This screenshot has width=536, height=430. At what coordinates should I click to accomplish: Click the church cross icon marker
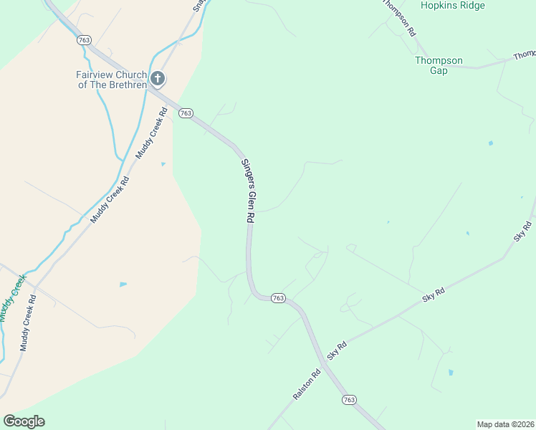point(158,78)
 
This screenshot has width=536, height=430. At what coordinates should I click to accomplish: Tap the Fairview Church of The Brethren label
point(112,80)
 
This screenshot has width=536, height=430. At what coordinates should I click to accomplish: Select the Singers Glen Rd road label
point(247,191)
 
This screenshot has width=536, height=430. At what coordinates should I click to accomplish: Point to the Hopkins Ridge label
point(453,6)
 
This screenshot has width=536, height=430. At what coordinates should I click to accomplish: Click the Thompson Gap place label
point(439,65)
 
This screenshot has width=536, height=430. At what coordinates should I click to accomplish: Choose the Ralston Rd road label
point(306,385)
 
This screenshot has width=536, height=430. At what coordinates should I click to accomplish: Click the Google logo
point(24,421)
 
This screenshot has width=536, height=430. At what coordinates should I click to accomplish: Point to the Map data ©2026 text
point(505,424)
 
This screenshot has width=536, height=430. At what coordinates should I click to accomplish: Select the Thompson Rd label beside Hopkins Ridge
point(398,18)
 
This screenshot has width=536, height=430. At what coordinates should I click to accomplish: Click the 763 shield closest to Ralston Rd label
point(349,399)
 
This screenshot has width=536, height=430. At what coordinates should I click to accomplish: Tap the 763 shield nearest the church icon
point(186,113)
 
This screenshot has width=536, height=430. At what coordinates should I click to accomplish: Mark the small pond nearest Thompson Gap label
point(490,143)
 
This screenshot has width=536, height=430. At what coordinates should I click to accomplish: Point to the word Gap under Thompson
point(439,70)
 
